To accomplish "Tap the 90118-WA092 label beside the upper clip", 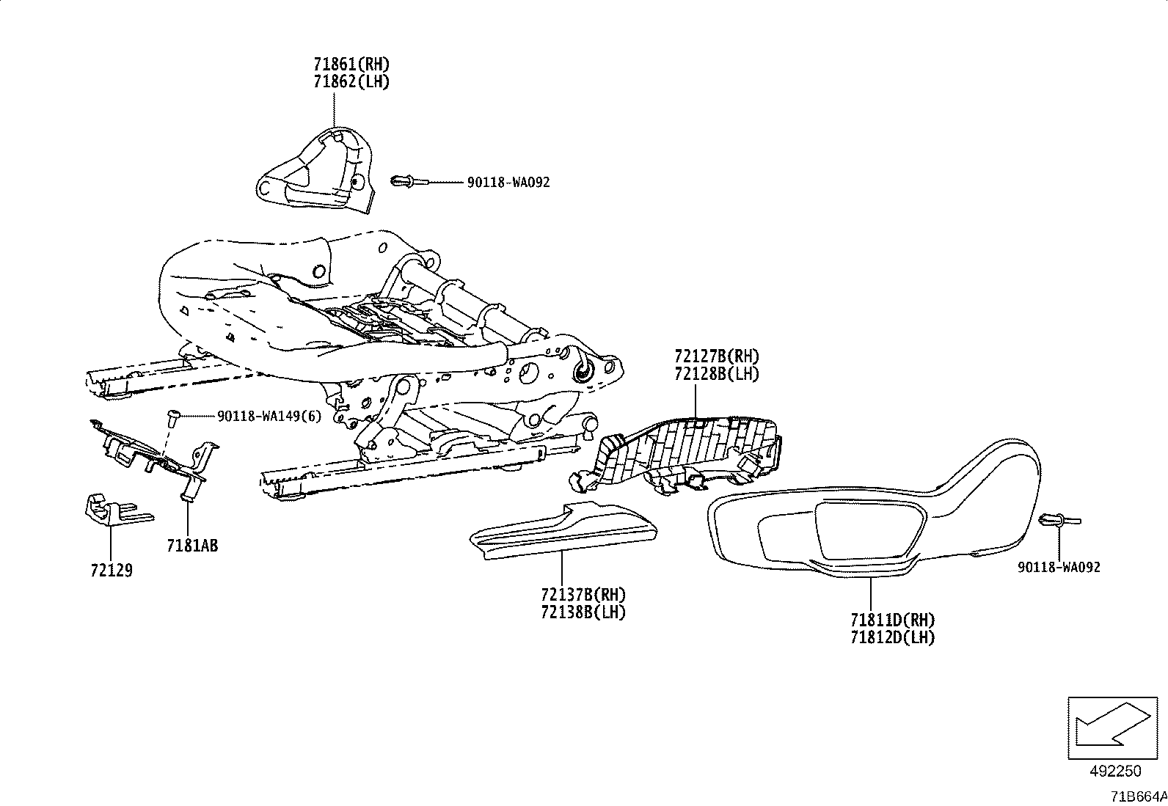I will [508, 183].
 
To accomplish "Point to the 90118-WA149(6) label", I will [269, 416].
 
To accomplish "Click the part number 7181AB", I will [191, 546].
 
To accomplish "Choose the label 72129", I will [112, 570].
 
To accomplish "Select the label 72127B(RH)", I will [717, 356].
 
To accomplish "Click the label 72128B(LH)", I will [717, 373].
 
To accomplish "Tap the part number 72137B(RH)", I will [583, 594].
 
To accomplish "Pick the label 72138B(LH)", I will [583, 612].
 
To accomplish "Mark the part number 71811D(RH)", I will [893, 620].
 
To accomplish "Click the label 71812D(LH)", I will [893, 637].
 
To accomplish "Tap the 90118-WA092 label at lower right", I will [1059, 567].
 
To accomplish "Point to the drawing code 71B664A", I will [1137, 796].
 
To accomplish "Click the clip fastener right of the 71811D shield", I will [1056, 521].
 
